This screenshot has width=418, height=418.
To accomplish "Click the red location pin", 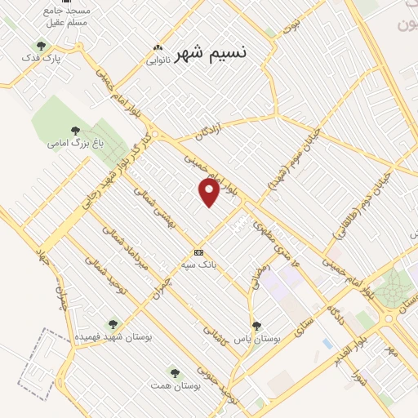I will pyautogui.click(x=209, y=191).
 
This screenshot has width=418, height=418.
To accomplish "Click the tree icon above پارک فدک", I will pyautogui.click(x=41, y=47).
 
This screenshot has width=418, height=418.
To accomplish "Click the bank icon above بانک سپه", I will pyautogui.click(x=198, y=252).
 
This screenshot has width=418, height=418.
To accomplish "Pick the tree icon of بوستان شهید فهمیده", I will pyautogui.click(x=113, y=324).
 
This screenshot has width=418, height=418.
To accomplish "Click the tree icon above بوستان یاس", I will pyautogui.click(x=256, y=326).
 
